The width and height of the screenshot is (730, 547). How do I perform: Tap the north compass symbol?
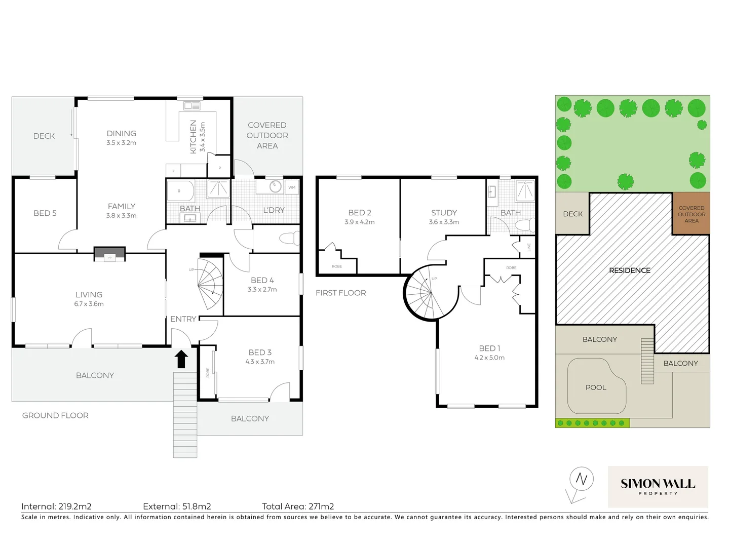click(x=581, y=479)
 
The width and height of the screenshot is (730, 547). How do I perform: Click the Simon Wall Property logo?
click(x=658, y=486)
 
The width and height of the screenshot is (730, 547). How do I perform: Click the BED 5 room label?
click(x=45, y=213)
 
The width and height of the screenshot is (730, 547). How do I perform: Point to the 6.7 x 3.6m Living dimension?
click(x=89, y=304)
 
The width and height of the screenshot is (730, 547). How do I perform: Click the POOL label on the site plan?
click(x=596, y=387)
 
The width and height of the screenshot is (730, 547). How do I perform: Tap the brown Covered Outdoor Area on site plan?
click(x=691, y=214)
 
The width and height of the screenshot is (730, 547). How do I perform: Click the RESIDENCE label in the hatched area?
click(x=629, y=270)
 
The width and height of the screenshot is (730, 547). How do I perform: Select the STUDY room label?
click(x=444, y=213)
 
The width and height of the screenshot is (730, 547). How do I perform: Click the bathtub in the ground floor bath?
click(x=181, y=191)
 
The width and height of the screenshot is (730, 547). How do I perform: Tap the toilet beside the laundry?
click(x=290, y=238)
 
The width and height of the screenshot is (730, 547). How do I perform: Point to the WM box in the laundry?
click(x=292, y=187)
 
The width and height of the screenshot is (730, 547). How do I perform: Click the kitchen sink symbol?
click(x=192, y=106)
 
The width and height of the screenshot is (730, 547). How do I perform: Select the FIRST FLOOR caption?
click(x=340, y=293)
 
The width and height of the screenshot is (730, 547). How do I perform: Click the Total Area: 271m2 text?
click(x=298, y=506)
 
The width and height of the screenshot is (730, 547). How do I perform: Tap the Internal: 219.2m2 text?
click(x=56, y=506)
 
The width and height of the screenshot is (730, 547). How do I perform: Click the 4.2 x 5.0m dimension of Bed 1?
click(x=489, y=358)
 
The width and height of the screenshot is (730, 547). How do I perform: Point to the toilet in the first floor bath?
click(x=527, y=225)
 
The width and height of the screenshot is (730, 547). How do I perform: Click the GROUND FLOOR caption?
click(x=55, y=415)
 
